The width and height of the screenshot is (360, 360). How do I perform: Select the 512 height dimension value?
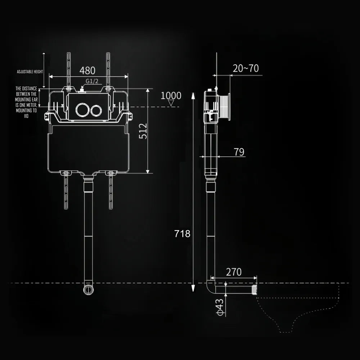point(143,131)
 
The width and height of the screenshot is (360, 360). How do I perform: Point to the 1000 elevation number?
point(171,96)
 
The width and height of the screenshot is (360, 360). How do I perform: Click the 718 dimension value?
point(182,234)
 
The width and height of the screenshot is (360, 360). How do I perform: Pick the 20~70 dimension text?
point(246,68)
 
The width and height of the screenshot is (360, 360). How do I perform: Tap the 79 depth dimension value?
point(239,152)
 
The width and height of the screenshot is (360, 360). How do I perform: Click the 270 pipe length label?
point(234,272)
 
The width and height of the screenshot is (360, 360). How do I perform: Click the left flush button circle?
point(81,110)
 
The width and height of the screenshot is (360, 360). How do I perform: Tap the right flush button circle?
point(96,110)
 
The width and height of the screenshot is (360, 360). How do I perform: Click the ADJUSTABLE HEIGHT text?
point(30,72)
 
